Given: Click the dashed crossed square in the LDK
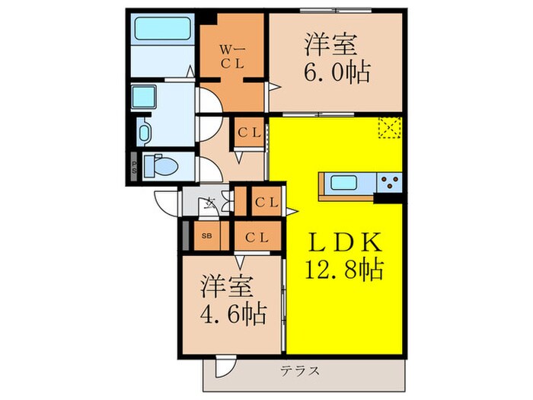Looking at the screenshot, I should tap(390, 128).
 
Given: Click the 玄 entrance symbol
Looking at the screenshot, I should tap(209, 203).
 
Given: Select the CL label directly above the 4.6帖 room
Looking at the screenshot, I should tap(257, 237).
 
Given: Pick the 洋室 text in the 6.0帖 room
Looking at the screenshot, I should tap(332, 44).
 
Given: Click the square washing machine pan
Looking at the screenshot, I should tap(143, 96).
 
